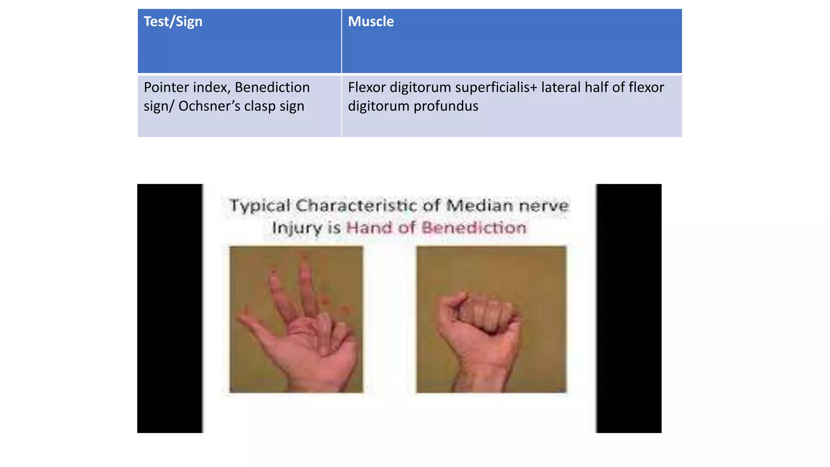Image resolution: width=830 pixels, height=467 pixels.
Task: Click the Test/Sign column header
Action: tap(173, 22)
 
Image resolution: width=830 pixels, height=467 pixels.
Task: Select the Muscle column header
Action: tap(370, 22)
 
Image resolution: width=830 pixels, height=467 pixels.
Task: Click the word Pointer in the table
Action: tap(166, 88)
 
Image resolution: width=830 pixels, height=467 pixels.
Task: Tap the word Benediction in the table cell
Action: tap(272, 88)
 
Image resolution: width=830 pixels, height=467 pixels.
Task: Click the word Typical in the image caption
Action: tap(260, 206)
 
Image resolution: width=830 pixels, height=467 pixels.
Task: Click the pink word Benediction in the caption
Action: tap(474, 228)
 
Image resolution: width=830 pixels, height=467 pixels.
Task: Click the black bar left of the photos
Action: tap(169, 308)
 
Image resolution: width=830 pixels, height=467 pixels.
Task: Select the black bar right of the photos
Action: tap(629, 308)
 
